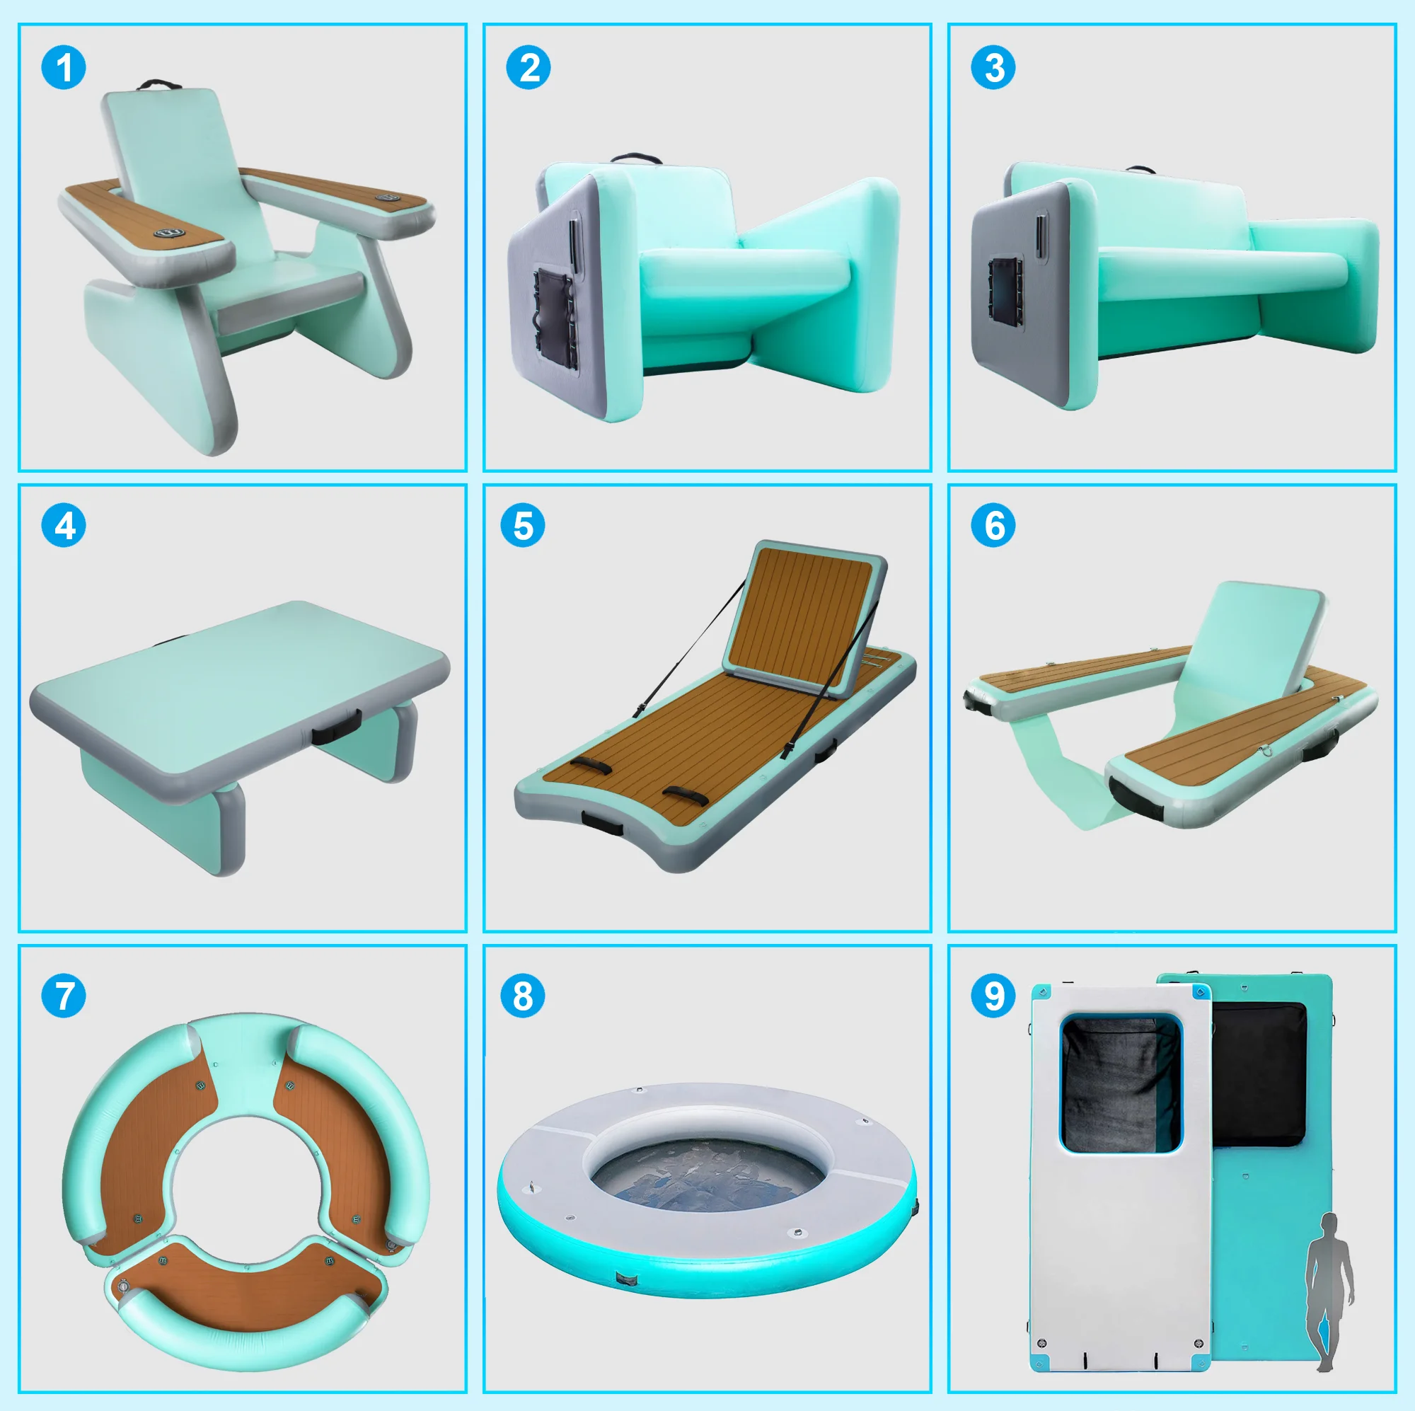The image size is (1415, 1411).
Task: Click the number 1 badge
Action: click(x=64, y=68)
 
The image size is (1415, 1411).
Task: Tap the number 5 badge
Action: click(x=522, y=525)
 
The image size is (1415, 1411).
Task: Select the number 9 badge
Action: click(x=993, y=996)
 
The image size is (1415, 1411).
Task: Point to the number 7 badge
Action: click(x=64, y=996)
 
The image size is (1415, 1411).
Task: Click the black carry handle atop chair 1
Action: click(x=160, y=85)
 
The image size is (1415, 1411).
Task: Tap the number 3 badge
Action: click(x=993, y=68)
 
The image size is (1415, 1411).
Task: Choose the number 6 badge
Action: click(x=993, y=525)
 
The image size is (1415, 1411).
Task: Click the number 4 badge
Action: click(x=64, y=525)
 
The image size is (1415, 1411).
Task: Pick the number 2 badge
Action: click(x=528, y=68)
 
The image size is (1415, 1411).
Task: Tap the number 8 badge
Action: click(x=522, y=996)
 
